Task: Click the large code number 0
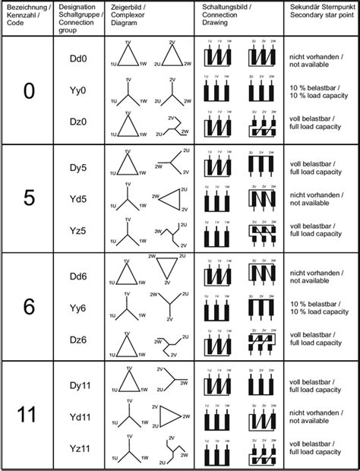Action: pos(28,91)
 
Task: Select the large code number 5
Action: pos(28,198)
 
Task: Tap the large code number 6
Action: pos(28,307)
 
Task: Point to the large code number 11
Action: pos(28,415)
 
